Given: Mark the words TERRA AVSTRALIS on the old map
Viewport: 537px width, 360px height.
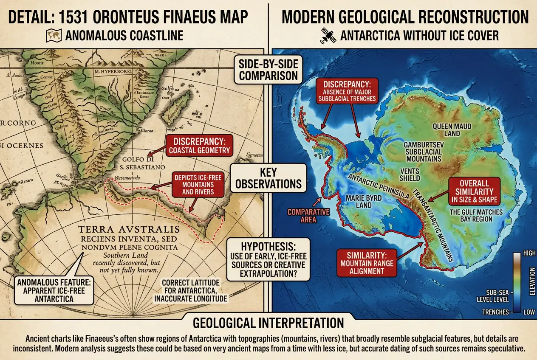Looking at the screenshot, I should click(129, 230).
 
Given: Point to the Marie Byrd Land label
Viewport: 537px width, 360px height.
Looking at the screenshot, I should click(364, 201).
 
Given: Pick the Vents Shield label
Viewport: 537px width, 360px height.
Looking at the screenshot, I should click(410, 174).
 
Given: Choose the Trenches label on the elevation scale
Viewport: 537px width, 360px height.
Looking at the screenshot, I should click(495, 312).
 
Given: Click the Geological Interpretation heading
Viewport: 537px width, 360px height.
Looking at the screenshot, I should click(268, 322).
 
